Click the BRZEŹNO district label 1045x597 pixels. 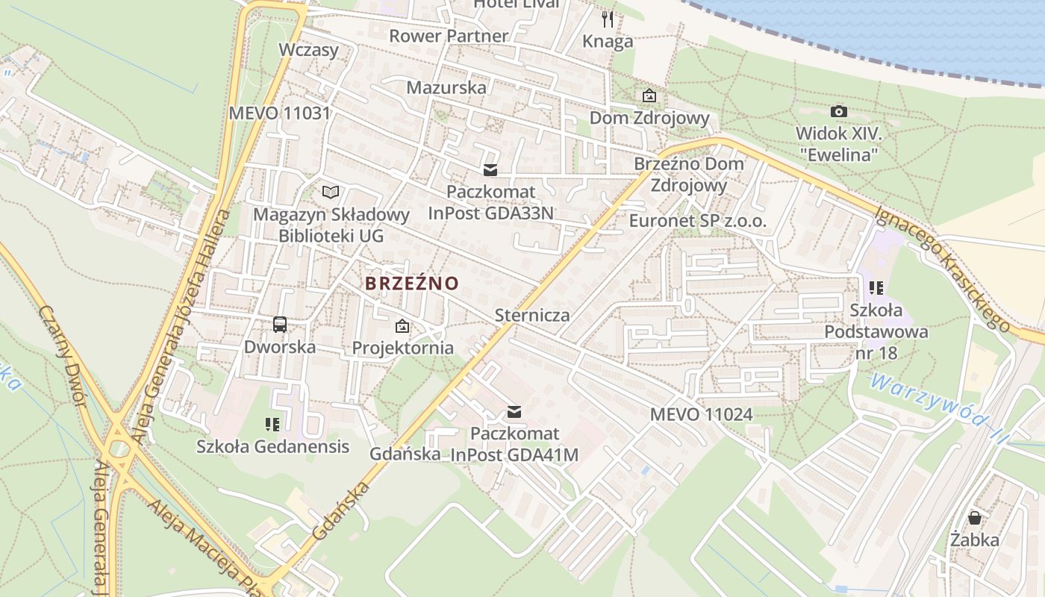411,284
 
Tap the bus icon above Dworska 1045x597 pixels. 280,325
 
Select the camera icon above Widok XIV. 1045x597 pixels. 839,112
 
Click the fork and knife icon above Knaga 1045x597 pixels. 608,19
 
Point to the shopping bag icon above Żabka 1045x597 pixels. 975,517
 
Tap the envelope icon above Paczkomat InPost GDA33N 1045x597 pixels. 490,170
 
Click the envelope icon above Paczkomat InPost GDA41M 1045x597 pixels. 514,411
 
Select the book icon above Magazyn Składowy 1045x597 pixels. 331,193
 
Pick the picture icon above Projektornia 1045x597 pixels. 402,326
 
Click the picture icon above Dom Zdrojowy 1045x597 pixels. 649,96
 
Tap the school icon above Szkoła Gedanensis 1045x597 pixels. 272,425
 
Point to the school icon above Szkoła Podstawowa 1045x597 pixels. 876,287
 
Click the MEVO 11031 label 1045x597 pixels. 279,113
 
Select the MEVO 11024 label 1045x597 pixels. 701,414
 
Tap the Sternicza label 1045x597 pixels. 532,315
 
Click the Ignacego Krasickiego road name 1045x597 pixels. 942,267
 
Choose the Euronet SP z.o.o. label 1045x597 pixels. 697,221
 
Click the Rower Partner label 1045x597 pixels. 448,36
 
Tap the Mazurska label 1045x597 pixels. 446,87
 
